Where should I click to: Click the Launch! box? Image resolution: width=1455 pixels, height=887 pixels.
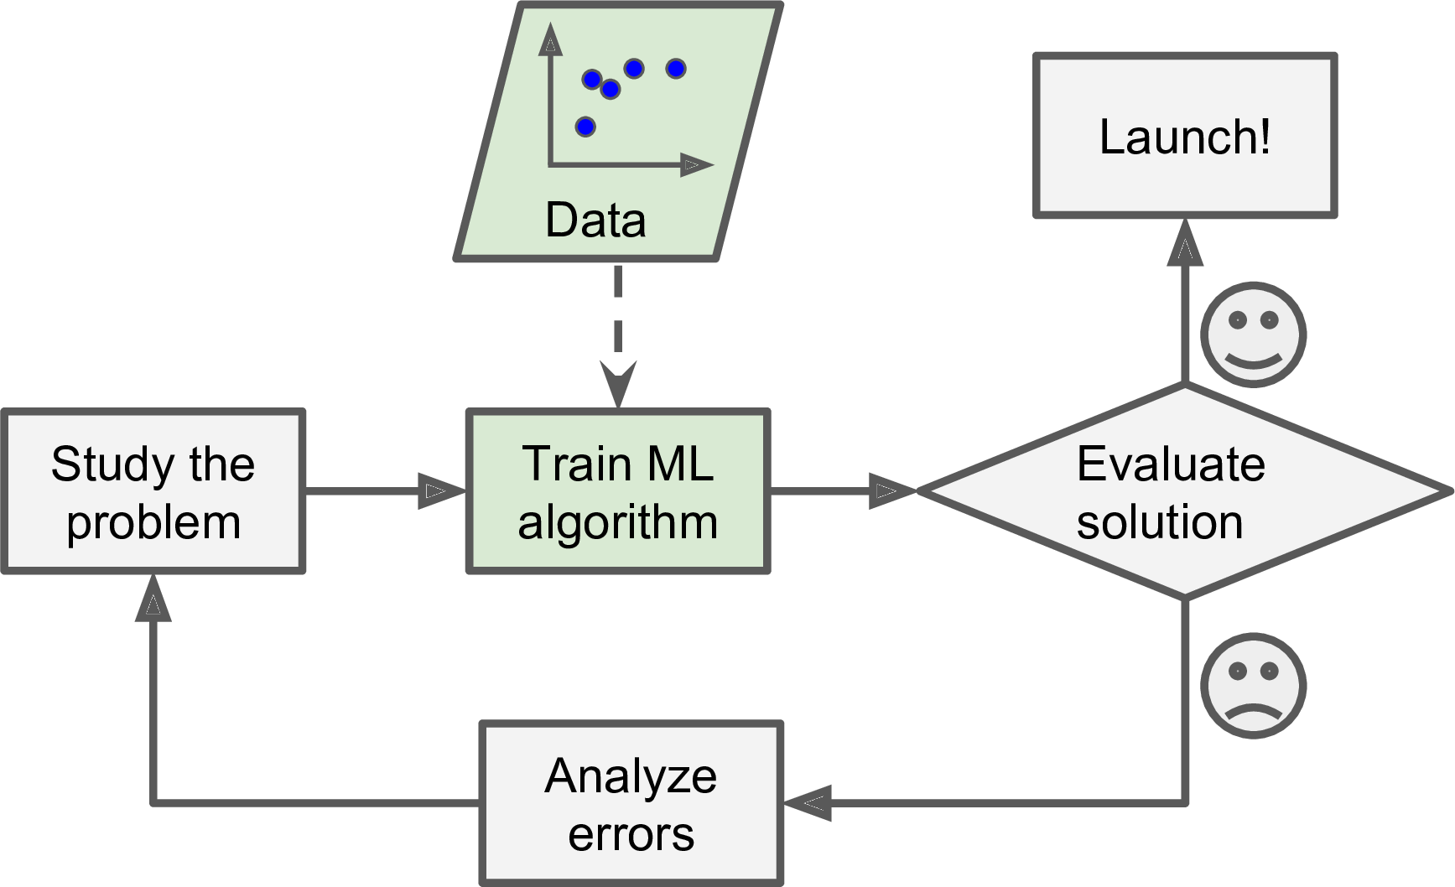1184,136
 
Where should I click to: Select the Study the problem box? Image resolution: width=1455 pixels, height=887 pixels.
153,491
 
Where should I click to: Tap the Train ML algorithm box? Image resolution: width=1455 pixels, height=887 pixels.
618,491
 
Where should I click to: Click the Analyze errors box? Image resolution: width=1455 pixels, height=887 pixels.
631,803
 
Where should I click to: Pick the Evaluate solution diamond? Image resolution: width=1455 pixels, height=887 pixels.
1184,491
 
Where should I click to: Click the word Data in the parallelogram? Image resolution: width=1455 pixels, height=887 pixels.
595,220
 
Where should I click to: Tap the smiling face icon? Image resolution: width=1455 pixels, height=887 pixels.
1253,335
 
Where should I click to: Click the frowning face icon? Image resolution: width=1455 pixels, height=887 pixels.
1253,685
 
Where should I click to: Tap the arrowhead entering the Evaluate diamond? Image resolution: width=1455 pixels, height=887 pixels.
891,491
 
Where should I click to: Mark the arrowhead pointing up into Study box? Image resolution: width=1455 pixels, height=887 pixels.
153,599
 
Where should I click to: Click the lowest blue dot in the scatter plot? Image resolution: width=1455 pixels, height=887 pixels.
585,127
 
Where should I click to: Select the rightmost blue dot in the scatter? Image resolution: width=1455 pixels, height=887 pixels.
676,69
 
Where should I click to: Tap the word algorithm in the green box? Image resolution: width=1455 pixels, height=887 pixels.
618,521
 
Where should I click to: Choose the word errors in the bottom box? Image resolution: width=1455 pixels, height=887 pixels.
631,834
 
